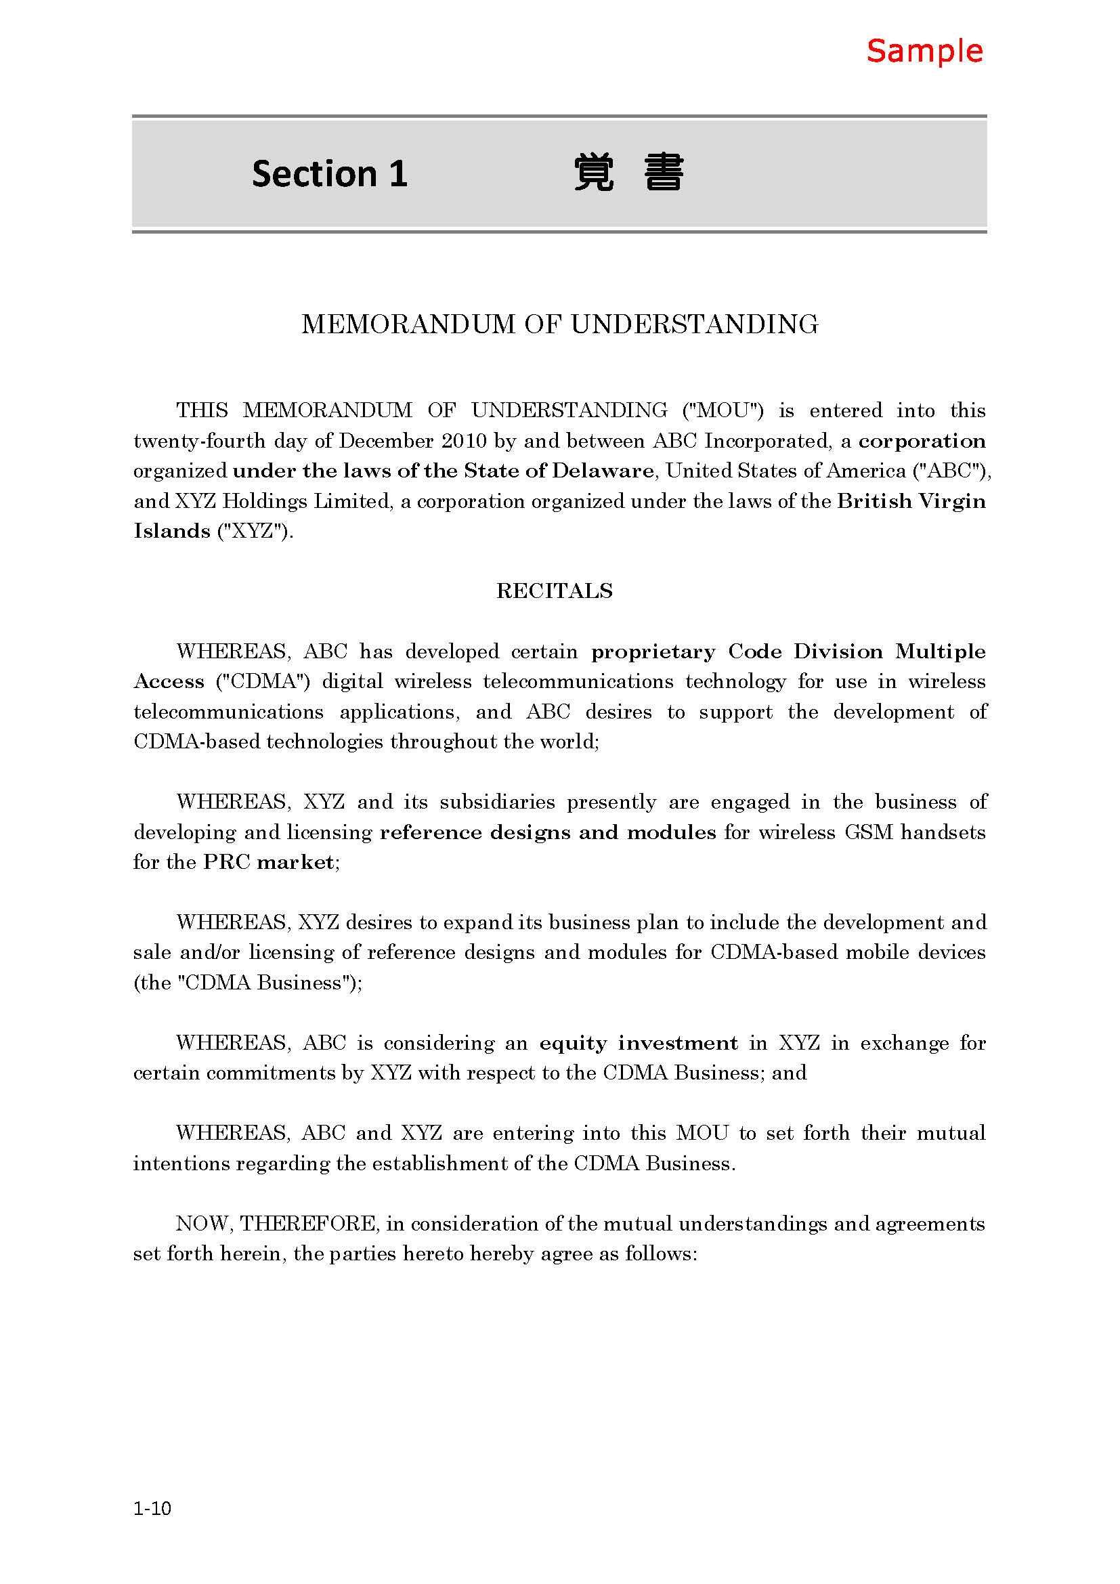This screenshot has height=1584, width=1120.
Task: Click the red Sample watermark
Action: [924, 51]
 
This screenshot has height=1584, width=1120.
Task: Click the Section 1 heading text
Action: [330, 173]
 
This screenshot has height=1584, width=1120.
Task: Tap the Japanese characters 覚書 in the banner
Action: [628, 173]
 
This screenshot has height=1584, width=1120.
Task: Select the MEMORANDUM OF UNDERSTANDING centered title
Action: [559, 324]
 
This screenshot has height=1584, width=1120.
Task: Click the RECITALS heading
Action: [555, 591]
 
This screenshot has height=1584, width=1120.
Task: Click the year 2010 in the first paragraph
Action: [464, 441]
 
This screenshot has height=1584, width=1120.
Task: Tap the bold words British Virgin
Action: [911, 501]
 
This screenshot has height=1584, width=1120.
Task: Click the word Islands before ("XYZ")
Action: [172, 531]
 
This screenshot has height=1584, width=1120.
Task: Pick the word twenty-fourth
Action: [199, 441]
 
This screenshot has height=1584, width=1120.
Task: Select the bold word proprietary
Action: [653, 652]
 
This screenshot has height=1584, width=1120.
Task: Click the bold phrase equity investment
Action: [638, 1043]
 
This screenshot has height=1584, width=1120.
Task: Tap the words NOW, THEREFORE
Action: [276, 1224]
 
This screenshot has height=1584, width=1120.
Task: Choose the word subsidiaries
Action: [497, 802]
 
